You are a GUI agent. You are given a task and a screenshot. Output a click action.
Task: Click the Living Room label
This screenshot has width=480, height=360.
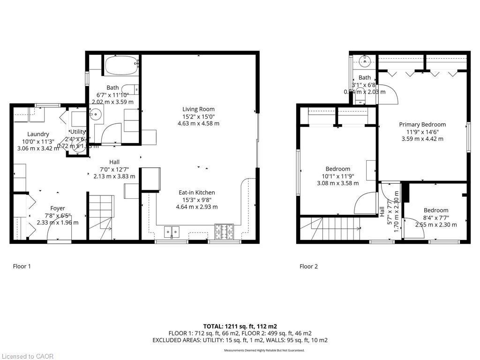click(x=198, y=109)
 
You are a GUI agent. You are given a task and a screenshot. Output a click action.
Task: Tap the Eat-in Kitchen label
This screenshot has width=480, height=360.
click(x=197, y=193)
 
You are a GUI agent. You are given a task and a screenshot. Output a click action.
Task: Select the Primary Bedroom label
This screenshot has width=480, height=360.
click(x=422, y=124)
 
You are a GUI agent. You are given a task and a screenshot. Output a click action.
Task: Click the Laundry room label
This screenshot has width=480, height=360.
click(x=38, y=134)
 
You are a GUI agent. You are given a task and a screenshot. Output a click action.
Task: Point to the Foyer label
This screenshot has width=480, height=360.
click(x=58, y=208)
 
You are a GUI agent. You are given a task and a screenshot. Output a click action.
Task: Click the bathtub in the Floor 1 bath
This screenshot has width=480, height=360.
click(x=121, y=65)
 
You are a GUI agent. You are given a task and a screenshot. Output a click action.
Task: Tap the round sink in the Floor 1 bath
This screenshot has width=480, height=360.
click(x=96, y=113)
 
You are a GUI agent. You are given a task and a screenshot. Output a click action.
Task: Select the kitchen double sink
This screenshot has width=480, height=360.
click(x=172, y=231)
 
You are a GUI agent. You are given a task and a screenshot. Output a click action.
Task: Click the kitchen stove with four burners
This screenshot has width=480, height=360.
click(x=224, y=231)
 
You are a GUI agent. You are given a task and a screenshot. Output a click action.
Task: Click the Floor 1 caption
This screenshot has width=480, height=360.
click(x=22, y=266)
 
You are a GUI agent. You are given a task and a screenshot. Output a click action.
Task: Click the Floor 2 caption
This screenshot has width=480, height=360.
click(x=308, y=266)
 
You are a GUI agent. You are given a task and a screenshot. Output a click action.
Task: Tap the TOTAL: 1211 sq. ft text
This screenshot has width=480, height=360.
click(x=240, y=326)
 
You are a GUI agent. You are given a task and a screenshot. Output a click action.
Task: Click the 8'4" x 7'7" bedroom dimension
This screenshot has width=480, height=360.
click(x=436, y=217)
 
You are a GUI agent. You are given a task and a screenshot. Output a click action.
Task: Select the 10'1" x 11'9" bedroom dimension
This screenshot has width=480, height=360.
click(x=338, y=176)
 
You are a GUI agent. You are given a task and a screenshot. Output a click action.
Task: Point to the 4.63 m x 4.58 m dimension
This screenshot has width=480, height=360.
click(x=198, y=124)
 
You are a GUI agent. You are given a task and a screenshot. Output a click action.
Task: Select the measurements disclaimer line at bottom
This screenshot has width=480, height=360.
click(x=264, y=350)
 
